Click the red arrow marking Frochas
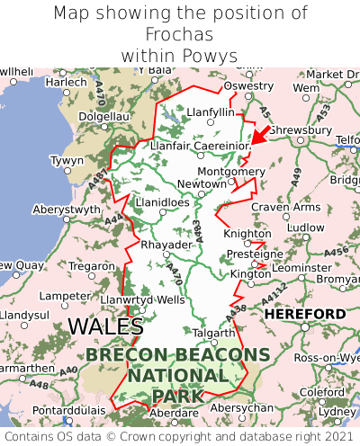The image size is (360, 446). point(258,136)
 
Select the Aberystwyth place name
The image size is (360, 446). point(67,209)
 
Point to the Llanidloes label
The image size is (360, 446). point(162,203)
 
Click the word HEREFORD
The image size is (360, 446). point(305,314)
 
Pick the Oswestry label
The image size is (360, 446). point(247,85)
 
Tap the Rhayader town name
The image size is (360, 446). point(166,245)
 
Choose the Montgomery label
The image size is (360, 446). point(231,171)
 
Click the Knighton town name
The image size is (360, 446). point(247,234)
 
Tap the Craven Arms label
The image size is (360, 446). point(285,207)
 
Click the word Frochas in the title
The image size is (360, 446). point(180,34)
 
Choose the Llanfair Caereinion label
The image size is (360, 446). point(200,145)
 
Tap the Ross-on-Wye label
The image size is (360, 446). point(325,357)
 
